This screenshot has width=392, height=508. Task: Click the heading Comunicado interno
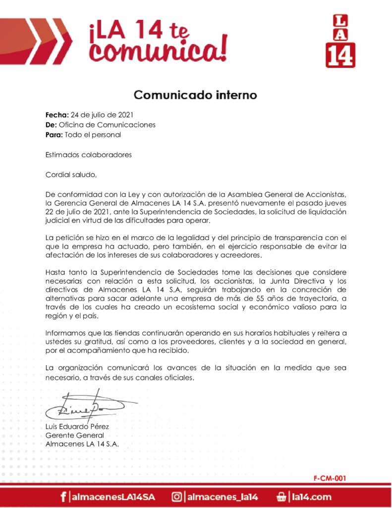[x=196, y=94]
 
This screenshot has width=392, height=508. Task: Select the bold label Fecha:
[x=57, y=115]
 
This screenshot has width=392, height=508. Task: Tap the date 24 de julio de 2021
[x=102, y=115]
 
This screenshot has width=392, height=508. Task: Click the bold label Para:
[x=54, y=134]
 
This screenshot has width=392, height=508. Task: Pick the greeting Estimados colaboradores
[x=88, y=154]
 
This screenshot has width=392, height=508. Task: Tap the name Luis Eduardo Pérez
[x=77, y=427]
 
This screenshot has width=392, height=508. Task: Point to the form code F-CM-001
[x=329, y=478]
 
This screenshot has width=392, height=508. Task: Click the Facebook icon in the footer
[x=62, y=497]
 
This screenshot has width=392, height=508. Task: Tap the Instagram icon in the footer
[x=176, y=497]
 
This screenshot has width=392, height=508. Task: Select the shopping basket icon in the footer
[x=282, y=497]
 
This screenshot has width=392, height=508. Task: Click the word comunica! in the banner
[x=158, y=49]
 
